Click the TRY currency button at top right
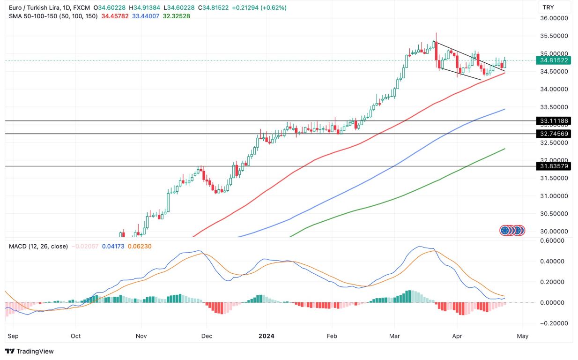coord(555,7)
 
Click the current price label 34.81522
coord(554,60)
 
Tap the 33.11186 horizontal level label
coord(554,121)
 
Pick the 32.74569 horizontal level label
coord(554,134)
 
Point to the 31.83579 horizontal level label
coord(554,166)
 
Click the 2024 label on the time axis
coord(266,336)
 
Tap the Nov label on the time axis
coord(141,336)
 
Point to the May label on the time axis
coord(523,336)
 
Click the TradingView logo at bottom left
coord(30,351)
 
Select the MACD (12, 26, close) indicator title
coord(38,246)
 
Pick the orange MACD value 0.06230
coord(139,246)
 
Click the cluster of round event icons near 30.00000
coord(512,230)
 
